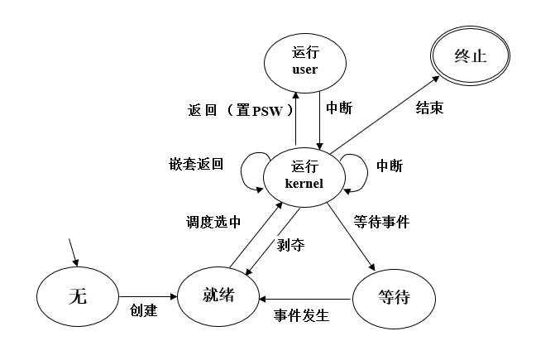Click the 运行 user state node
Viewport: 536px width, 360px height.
(x=305, y=62)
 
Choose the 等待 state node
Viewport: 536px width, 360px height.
(x=392, y=296)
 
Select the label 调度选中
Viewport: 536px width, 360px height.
(x=213, y=222)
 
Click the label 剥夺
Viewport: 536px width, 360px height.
(x=286, y=245)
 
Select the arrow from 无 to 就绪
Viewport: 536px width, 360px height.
(x=150, y=296)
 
